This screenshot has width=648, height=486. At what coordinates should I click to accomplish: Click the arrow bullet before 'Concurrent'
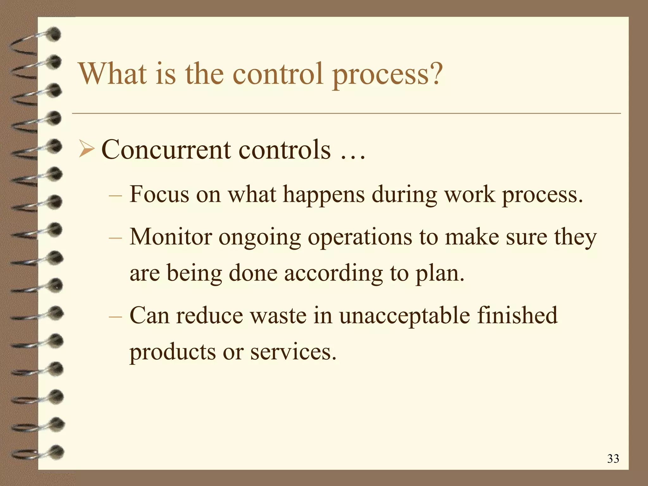[86, 149]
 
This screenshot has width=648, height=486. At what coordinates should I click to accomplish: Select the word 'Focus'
[159, 194]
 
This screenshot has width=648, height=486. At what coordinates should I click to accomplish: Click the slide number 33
[613, 458]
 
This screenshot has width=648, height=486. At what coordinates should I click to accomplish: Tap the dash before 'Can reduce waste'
[115, 316]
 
